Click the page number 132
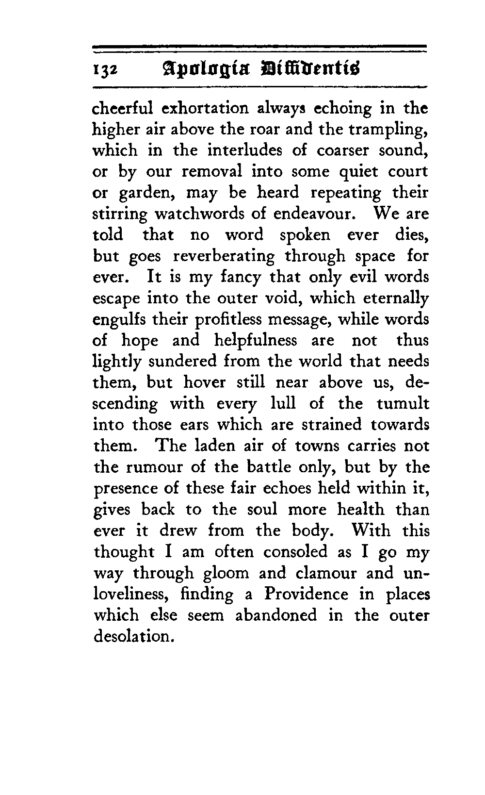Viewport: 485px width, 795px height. coord(104,70)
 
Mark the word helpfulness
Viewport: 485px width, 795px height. coord(256,341)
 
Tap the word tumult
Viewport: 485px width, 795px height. coord(403,404)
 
